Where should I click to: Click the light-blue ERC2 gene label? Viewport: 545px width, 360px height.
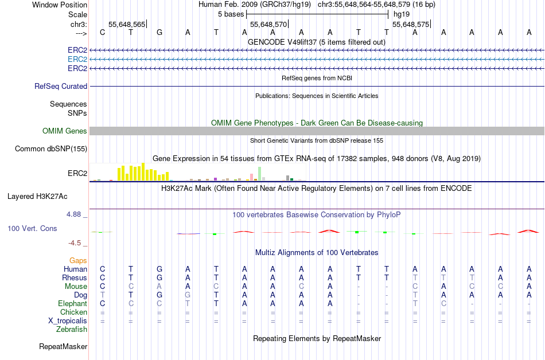click(77, 59)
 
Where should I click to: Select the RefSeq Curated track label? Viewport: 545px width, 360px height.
click(61, 86)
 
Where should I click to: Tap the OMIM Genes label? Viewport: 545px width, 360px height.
click(65, 131)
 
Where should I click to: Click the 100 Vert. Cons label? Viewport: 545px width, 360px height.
click(32, 228)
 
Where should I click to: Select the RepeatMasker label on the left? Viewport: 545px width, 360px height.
click(63, 346)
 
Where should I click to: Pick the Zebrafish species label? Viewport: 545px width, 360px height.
click(72, 330)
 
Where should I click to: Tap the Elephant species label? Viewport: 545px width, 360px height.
click(72, 304)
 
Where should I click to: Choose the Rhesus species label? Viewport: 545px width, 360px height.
click(75, 278)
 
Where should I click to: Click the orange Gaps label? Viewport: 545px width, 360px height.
click(78, 261)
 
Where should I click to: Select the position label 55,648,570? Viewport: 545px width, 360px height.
click(268, 25)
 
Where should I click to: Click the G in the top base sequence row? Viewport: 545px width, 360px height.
click(159, 33)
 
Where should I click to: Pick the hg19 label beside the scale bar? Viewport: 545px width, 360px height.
click(401, 14)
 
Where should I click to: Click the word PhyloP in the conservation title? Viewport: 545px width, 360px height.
click(389, 214)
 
